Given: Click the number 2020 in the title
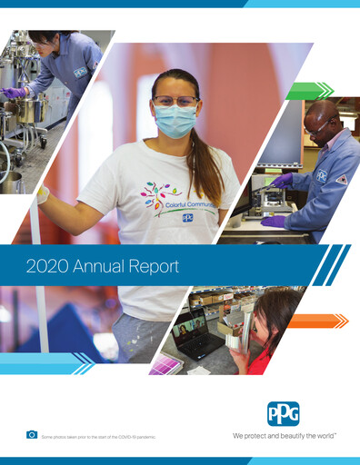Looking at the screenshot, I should pos(44,267).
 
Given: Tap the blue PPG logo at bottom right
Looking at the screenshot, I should pos(283,414).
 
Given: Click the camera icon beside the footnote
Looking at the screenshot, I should pos(32,435).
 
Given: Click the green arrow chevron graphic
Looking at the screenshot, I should pos(309,90).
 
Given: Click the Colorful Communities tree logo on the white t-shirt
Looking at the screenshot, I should pos(156,193).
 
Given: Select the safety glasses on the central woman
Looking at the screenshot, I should pos(175,100).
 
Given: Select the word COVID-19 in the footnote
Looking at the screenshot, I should pos(125,438).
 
